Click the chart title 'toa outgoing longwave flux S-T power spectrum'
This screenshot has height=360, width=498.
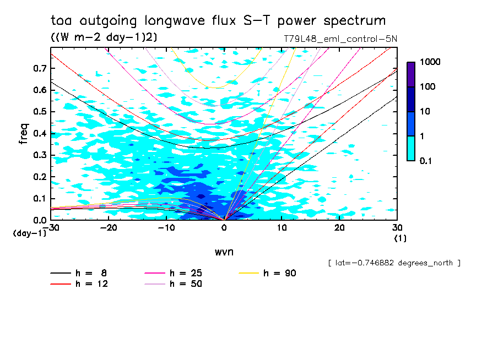click(218, 21)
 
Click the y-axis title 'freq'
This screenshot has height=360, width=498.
click(24, 133)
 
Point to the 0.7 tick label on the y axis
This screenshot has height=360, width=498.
click(39, 68)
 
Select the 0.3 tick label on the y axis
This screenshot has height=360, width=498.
click(39, 155)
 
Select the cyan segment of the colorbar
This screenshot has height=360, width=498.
click(410, 148)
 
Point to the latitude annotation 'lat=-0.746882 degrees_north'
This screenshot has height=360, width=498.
click(394, 263)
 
